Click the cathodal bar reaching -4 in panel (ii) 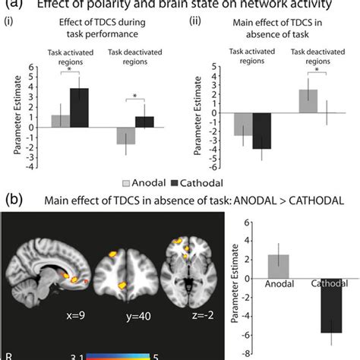(x=261, y=131)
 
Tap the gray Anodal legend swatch (x=126, y=182)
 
